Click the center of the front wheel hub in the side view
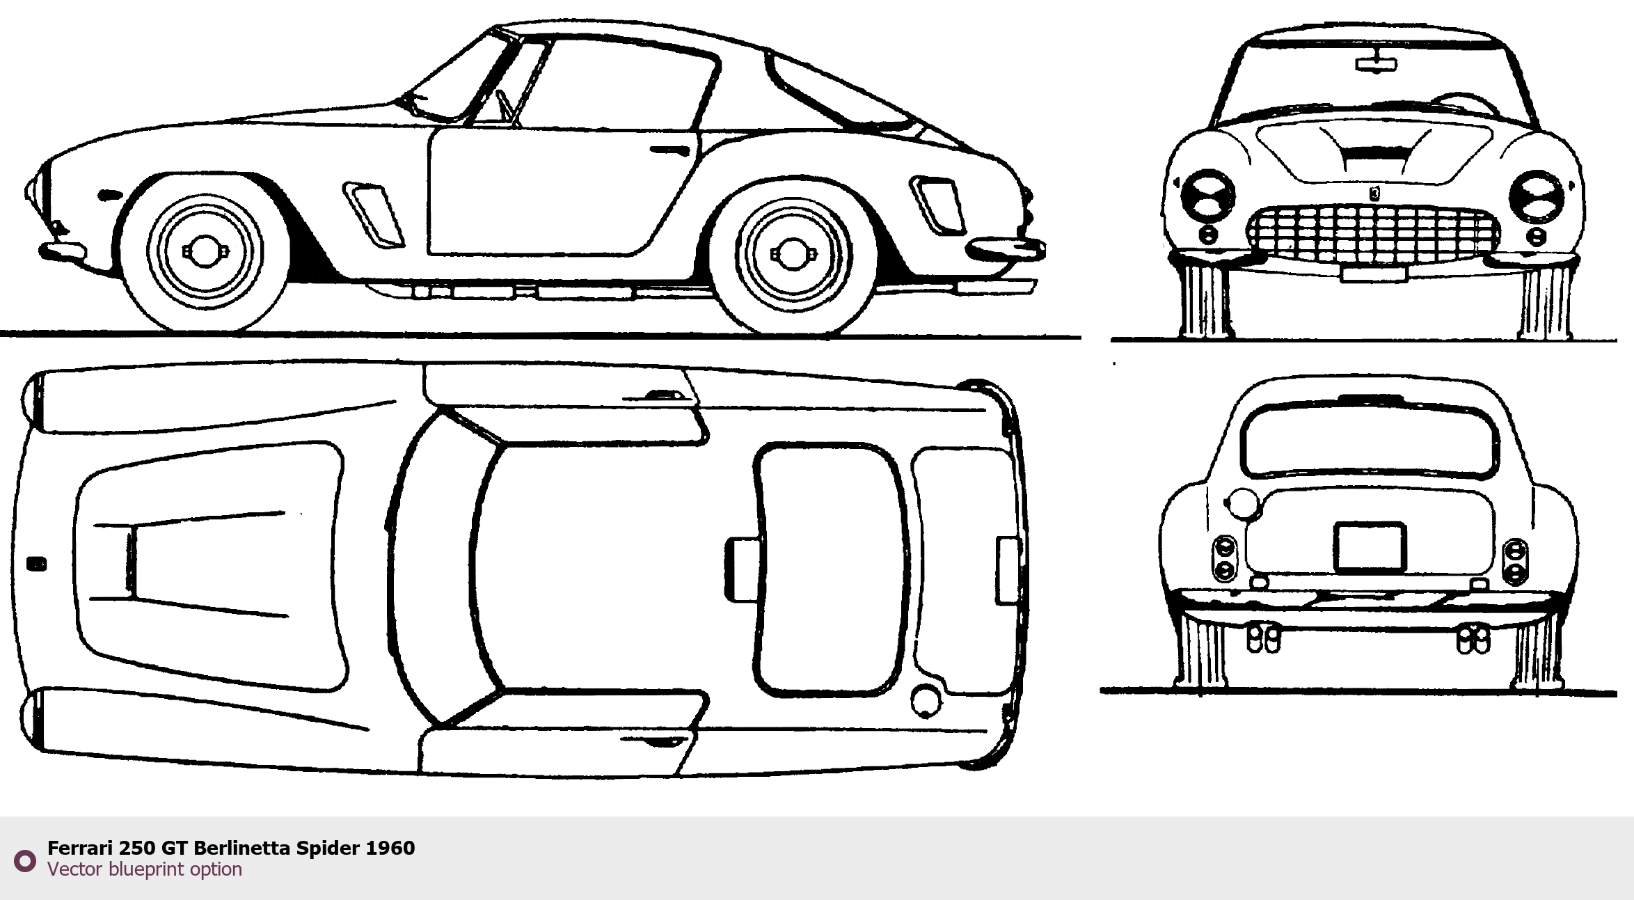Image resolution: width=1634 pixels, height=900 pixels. pyautogui.click(x=205, y=251)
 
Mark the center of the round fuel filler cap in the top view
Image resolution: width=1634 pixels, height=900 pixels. pyautogui.click(x=926, y=700)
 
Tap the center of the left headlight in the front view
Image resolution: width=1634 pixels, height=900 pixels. pyautogui.click(x=1207, y=195)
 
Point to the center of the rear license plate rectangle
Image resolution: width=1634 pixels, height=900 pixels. pyautogui.click(x=1370, y=547)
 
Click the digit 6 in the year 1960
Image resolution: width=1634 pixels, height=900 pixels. pyautogui.click(x=395, y=848)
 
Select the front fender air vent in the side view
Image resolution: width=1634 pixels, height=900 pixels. pyautogui.click(x=374, y=215)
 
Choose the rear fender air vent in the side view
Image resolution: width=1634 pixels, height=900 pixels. pyautogui.click(x=937, y=205)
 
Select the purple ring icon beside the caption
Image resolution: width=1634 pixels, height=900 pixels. pyautogui.click(x=25, y=861)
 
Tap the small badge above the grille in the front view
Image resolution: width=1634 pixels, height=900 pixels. pyautogui.click(x=1374, y=194)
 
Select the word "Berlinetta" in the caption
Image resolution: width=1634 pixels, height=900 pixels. pyautogui.click(x=241, y=848)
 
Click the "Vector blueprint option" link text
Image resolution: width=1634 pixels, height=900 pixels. pyautogui.click(x=145, y=869)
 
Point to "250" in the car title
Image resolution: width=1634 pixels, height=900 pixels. pyautogui.click(x=137, y=848)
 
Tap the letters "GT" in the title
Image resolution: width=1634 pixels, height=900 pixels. pyautogui.click(x=175, y=848)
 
